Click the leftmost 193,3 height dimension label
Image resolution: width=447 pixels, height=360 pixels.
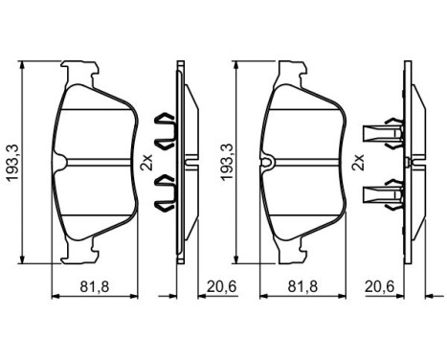coord(11,158)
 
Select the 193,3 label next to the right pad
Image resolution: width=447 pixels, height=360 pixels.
coord(227,158)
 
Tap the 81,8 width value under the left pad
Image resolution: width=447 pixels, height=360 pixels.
coord(92,285)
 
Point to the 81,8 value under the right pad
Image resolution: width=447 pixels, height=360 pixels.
coord(305,285)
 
